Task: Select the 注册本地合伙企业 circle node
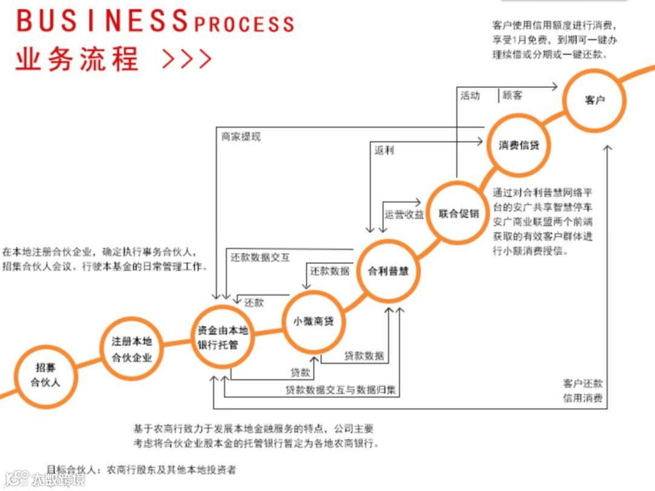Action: tap(132, 348)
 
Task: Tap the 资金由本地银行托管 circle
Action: tap(223, 338)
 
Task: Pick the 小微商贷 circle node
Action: tap(314, 322)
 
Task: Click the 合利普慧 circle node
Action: tap(388, 271)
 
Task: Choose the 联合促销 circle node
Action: tap(459, 213)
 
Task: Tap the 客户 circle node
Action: tap(595, 100)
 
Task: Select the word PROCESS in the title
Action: tap(244, 24)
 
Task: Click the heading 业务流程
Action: tap(78, 59)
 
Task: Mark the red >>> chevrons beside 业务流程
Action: tap(187, 59)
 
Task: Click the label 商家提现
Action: tap(241, 137)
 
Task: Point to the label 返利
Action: tap(384, 150)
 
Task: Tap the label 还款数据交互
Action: tap(260, 257)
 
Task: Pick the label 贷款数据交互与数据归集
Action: tap(341, 390)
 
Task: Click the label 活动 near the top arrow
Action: tap(470, 95)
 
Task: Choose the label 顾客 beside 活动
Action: tap(512, 95)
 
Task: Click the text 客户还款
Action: tap(582, 384)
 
